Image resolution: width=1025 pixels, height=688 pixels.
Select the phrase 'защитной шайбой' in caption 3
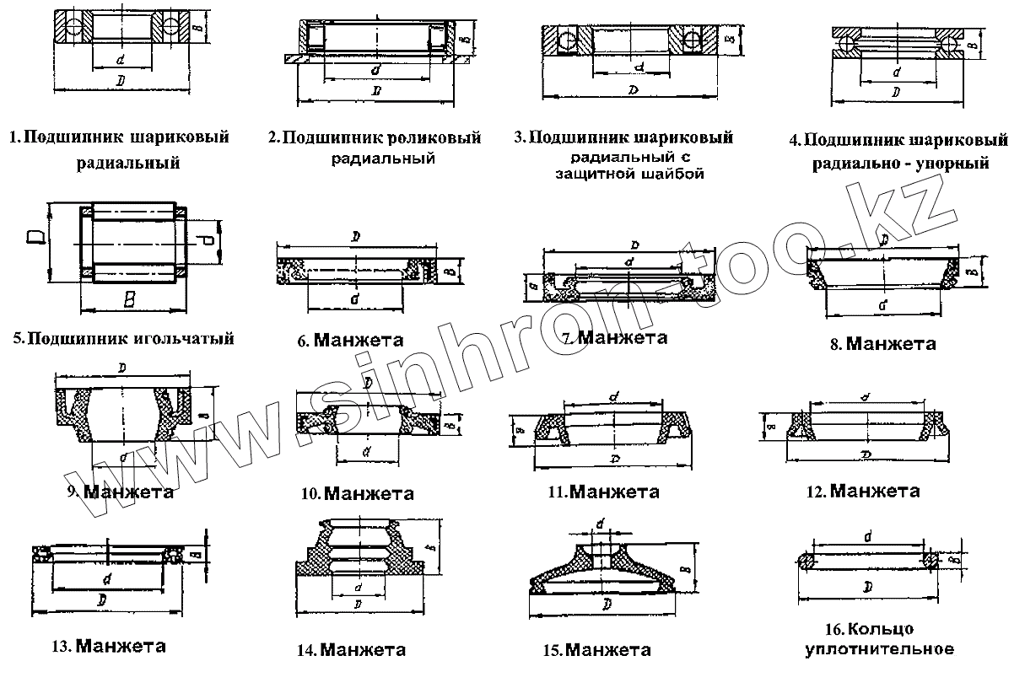[629, 175]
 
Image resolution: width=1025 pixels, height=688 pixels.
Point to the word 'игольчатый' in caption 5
[186, 340]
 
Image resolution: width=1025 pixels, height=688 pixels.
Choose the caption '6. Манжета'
[350, 341]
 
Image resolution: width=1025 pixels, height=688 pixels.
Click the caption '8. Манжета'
[883, 344]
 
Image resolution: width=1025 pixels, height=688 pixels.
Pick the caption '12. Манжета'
[863, 492]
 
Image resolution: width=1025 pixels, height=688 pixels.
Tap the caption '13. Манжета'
[108, 648]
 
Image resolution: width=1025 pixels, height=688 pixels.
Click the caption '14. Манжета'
[351, 650]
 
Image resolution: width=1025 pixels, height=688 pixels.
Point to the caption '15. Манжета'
[597, 651]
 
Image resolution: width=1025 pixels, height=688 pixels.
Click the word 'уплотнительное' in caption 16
[880, 649]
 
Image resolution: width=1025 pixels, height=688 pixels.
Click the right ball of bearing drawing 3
[693, 40]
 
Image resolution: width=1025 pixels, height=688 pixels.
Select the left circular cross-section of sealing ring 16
[807, 562]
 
